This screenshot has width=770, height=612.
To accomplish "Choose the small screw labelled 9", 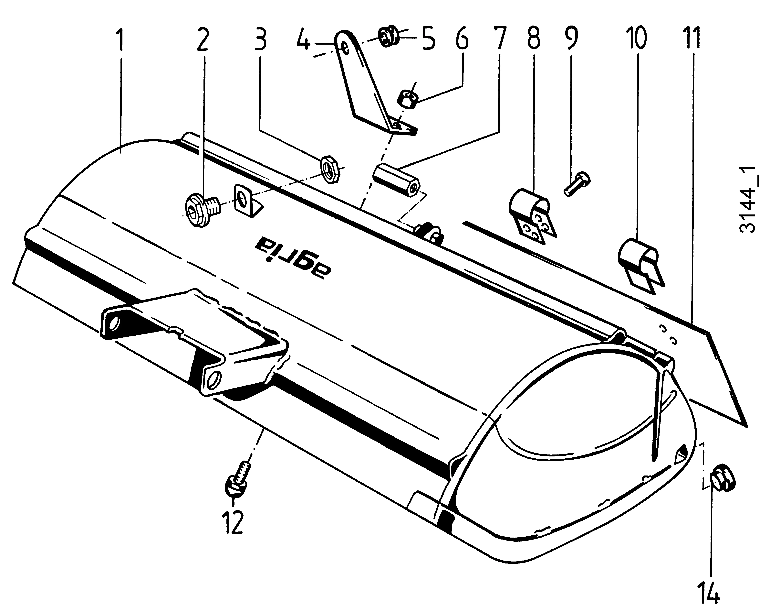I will click(576, 184).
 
